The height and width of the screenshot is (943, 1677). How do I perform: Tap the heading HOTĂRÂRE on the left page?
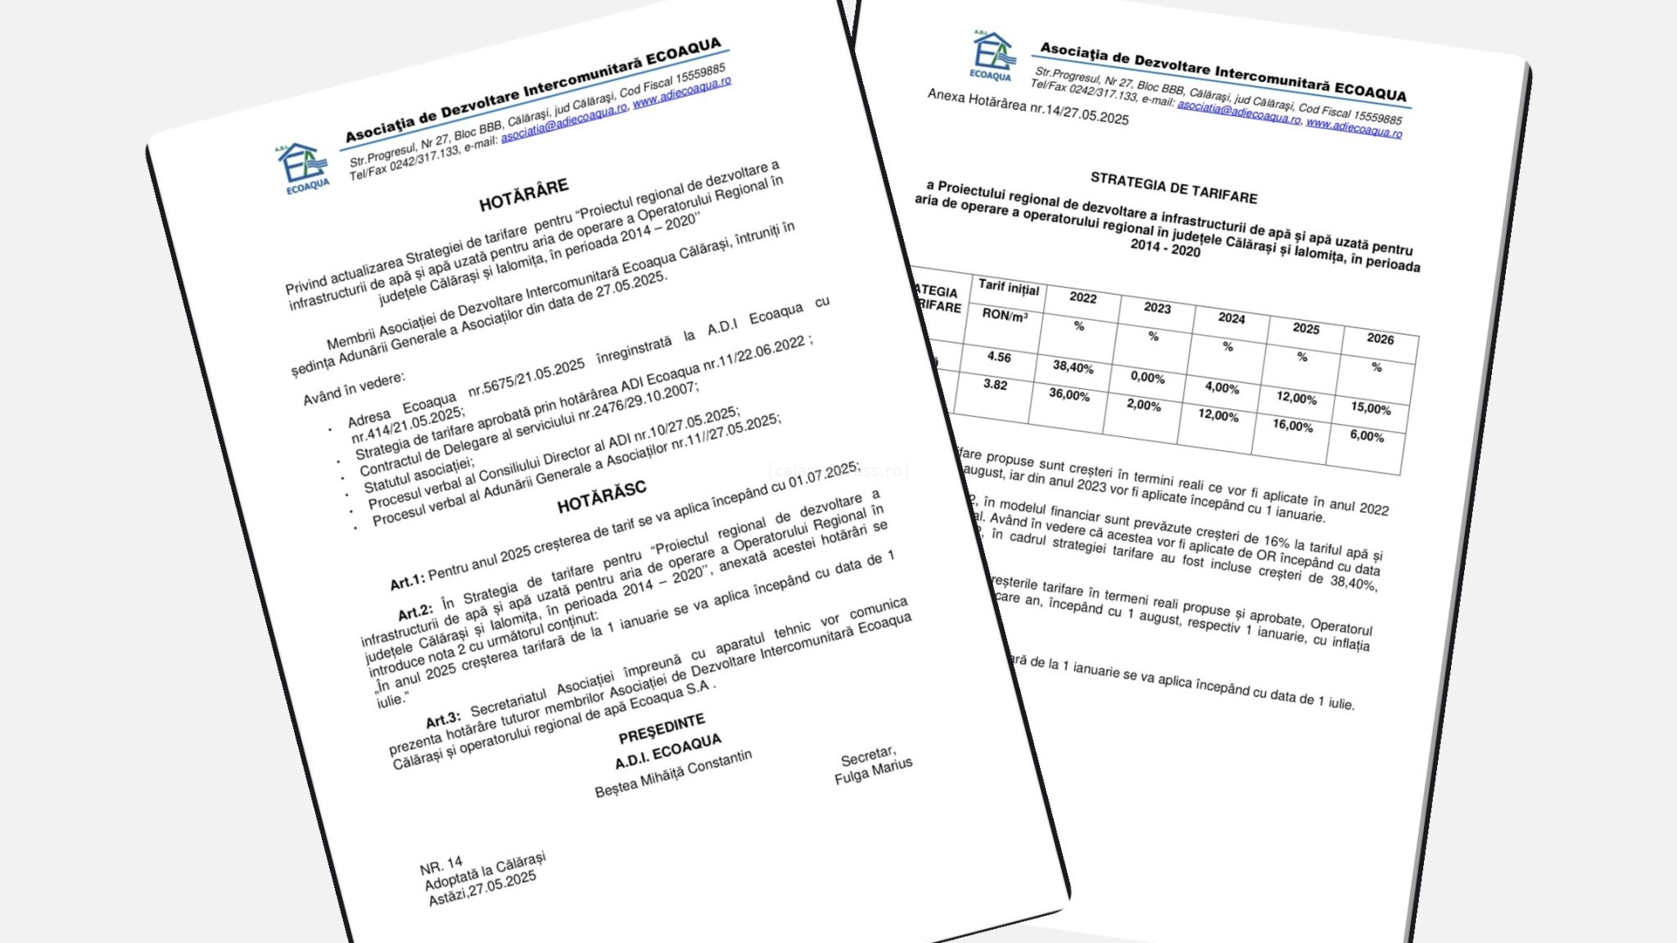point(523,195)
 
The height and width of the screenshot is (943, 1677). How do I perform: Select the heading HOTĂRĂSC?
point(602,497)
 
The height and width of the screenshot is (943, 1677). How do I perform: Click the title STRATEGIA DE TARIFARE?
point(1173,187)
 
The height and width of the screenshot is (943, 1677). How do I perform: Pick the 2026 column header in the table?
point(1380,338)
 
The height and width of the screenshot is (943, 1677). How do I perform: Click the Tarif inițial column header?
point(1008,287)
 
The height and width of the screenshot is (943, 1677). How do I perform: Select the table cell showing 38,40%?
point(1073,367)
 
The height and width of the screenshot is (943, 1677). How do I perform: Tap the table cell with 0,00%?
point(1147,377)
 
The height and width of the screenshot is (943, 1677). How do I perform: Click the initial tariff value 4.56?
point(999,357)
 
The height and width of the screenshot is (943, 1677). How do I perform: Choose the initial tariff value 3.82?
point(995,384)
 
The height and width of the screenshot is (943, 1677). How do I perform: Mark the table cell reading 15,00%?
point(1371,408)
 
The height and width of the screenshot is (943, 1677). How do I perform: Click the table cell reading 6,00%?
point(1367,435)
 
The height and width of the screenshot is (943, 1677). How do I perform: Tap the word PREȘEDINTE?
point(662,727)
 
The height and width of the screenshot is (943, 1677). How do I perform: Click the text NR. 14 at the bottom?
point(441,865)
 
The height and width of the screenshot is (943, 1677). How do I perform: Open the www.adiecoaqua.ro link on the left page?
point(681,92)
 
